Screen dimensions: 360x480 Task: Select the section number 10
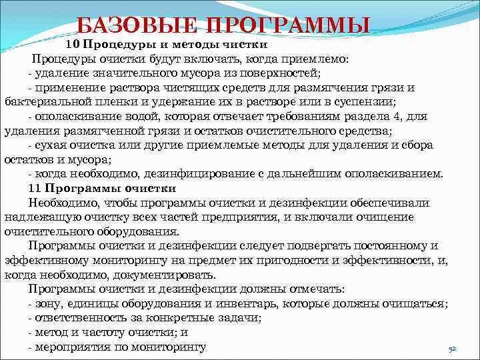click(x=72, y=45)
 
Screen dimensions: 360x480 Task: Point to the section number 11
click(x=35, y=189)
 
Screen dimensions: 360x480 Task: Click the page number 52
click(x=451, y=349)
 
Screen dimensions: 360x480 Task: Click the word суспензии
click(x=367, y=102)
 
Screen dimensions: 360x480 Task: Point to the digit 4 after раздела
click(x=393, y=117)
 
